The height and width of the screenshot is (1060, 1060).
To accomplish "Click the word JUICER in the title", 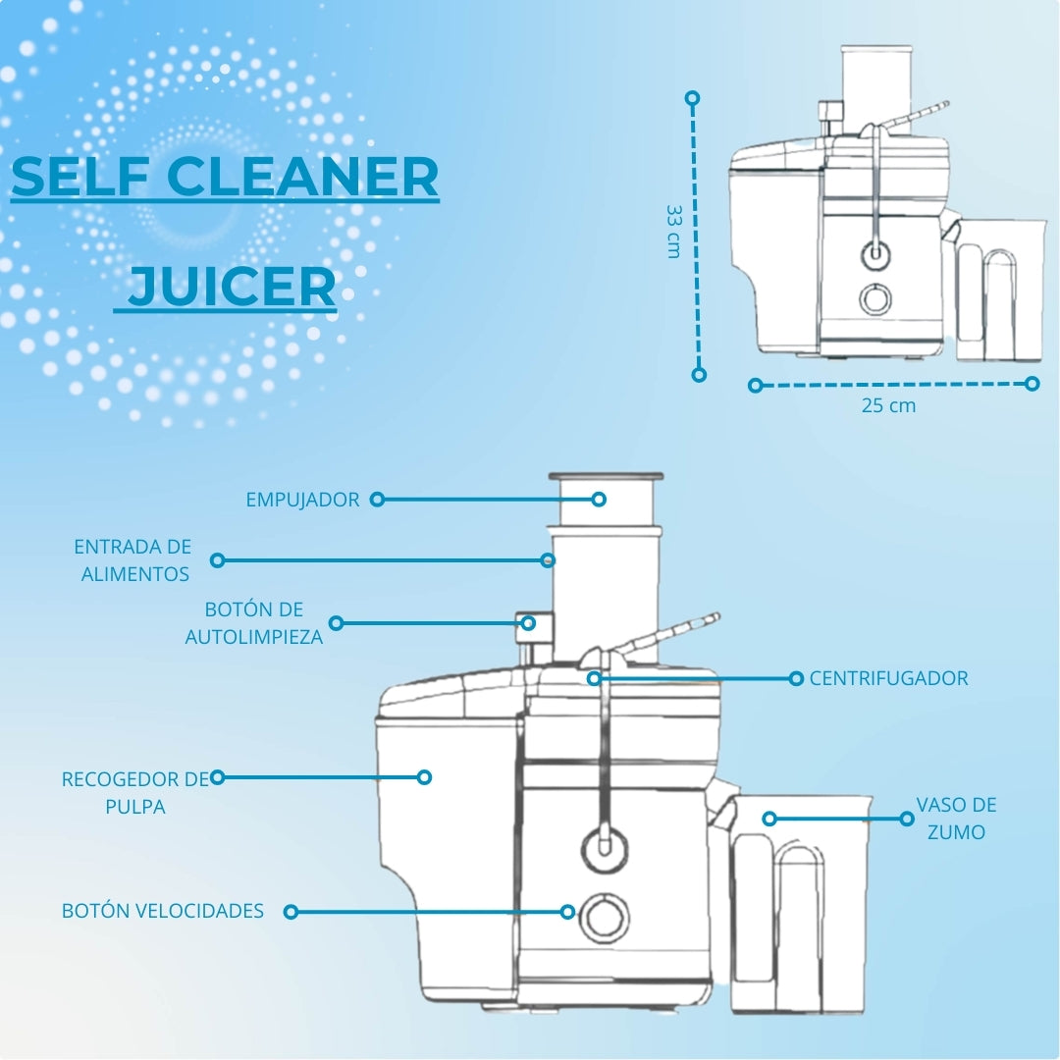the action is click(232, 287).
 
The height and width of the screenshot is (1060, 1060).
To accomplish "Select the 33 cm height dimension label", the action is click(674, 232).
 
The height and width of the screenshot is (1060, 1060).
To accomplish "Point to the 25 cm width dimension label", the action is click(888, 405).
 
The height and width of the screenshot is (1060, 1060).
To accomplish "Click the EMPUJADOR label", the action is click(302, 500).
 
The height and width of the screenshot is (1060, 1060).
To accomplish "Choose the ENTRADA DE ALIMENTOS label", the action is click(133, 560).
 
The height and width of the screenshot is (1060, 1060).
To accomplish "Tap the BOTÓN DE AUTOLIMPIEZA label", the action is click(253, 623).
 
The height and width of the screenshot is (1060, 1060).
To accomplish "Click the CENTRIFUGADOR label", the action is click(888, 678).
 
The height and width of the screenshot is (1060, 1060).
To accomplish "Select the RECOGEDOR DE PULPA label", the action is click(135, 793).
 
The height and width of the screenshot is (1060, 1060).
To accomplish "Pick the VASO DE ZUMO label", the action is click(956, 819).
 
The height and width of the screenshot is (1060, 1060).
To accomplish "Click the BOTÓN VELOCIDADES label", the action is click(162, 911).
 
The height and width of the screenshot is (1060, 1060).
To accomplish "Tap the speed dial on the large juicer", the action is click(605, 918).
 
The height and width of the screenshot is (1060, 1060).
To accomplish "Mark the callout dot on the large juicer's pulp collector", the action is click(425, 777).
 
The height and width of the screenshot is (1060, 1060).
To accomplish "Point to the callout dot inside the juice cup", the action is click(768, 819).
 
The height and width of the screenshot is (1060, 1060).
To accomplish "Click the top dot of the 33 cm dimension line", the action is click(692, 98).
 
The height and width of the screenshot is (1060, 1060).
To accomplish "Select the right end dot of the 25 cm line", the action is click(1032, 384).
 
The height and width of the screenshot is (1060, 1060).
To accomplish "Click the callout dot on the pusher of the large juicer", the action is click(599, 500).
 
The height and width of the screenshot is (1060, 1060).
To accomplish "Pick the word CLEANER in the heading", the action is click(303, 177).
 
